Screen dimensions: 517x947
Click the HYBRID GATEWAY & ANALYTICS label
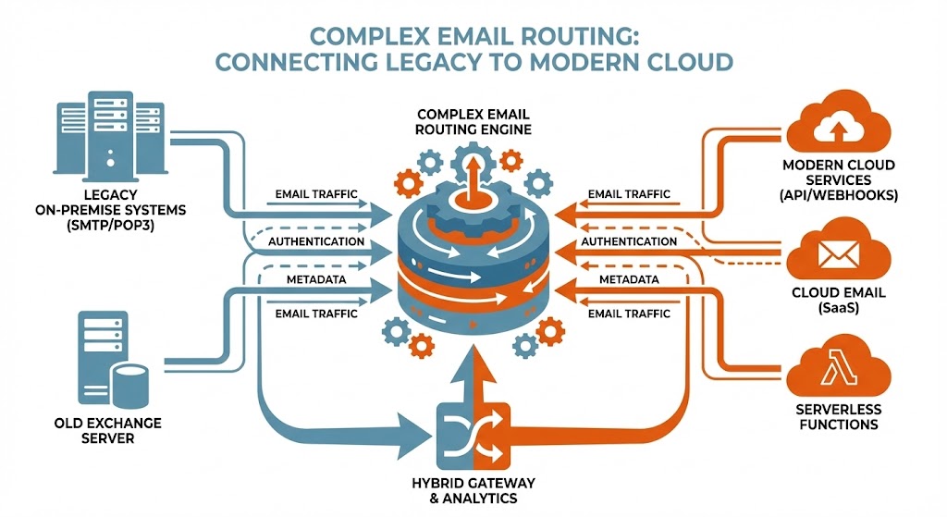[473, 491]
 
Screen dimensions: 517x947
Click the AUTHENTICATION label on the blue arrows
[315, 241]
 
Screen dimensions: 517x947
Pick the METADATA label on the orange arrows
[629, 278]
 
